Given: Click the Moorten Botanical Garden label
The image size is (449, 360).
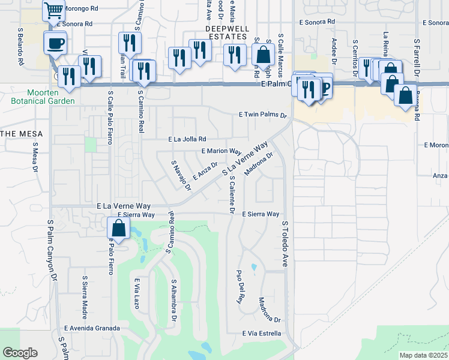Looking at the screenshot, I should [42, 97].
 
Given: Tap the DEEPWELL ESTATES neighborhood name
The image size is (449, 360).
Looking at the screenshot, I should [226, 32].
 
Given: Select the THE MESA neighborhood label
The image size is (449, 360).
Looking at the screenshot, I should [17, 133].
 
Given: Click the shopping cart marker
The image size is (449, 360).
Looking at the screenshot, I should [54, 11].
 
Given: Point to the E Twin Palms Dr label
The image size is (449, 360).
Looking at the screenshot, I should [263, 115].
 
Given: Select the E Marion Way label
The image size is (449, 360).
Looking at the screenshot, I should [221, 152].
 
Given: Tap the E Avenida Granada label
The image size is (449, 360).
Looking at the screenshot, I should [92, 328].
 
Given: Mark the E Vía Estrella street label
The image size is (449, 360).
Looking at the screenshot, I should [262, 333].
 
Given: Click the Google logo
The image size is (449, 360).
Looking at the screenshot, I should [20, 353].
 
